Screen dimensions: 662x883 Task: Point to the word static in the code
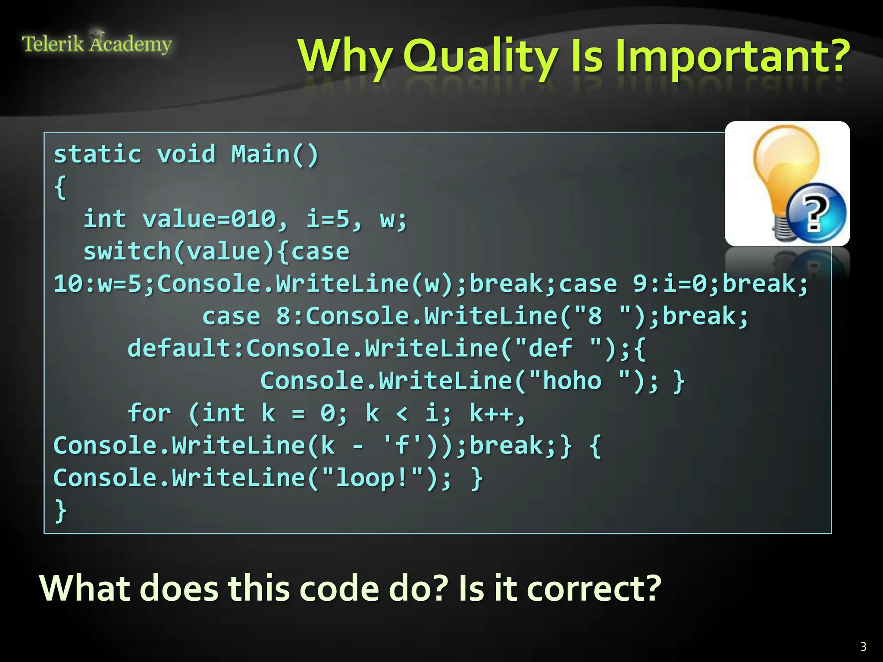pos(97,154)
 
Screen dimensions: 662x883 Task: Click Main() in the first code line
pos(275,154)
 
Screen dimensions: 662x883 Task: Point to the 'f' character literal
pos(401,445)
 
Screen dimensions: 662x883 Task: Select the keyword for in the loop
pos(149,413)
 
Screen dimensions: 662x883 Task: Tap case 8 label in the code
pos(246,316)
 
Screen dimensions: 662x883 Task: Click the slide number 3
pos(863,646)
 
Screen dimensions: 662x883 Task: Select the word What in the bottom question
pos(85,589)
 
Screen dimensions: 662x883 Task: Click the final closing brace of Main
pos(60,511)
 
